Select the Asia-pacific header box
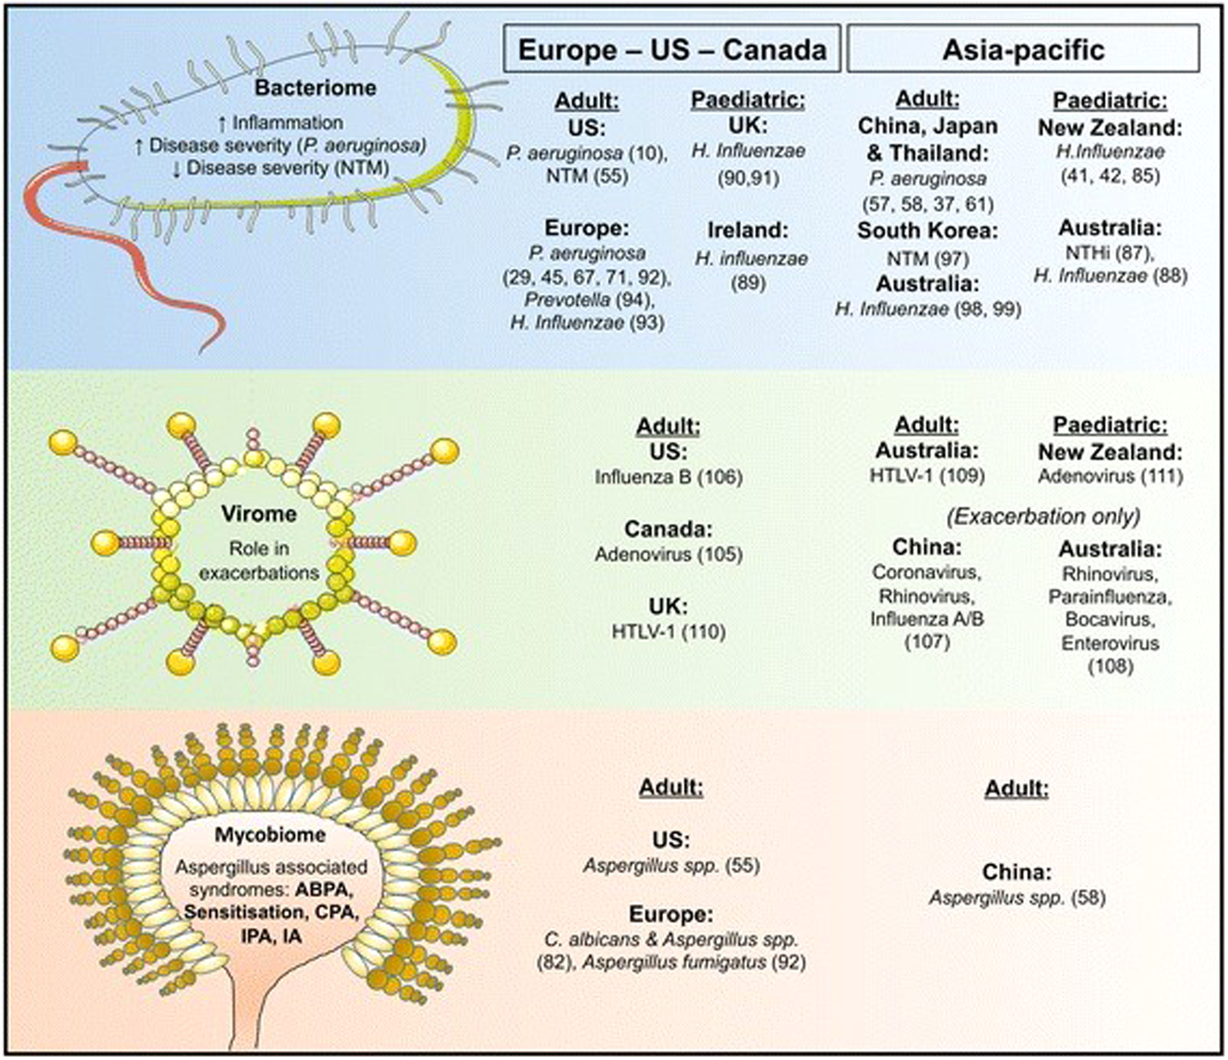point(1023,49)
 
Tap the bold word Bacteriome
point(315,88)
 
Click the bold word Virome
point(259,513)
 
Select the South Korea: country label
point(927,231)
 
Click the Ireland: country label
point(748,230)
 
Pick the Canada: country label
point(668,529)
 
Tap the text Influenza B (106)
point(668,477)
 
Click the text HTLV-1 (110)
point(668,632)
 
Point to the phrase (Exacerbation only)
point(1043,517)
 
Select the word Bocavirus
point(1110,619)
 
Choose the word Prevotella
point(567,300)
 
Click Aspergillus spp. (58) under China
point(1017,898)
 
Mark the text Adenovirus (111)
point(1110,476)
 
